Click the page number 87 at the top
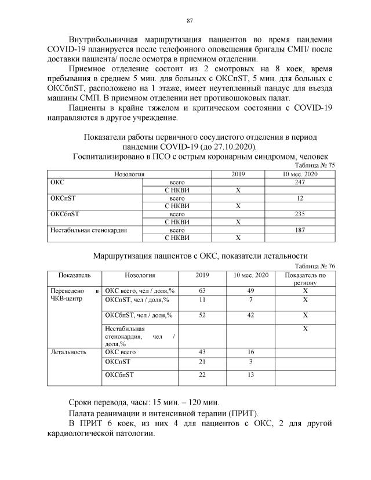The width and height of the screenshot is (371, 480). point(189,21)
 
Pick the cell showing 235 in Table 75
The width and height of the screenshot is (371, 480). point(300,214)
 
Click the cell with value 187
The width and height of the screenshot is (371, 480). point(300,230)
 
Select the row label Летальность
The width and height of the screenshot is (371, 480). point(68,351)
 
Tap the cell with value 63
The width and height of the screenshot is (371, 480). point(202,290)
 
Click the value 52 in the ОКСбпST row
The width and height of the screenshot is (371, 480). point(202,315)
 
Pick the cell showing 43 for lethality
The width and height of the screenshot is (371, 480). point(202,351)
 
